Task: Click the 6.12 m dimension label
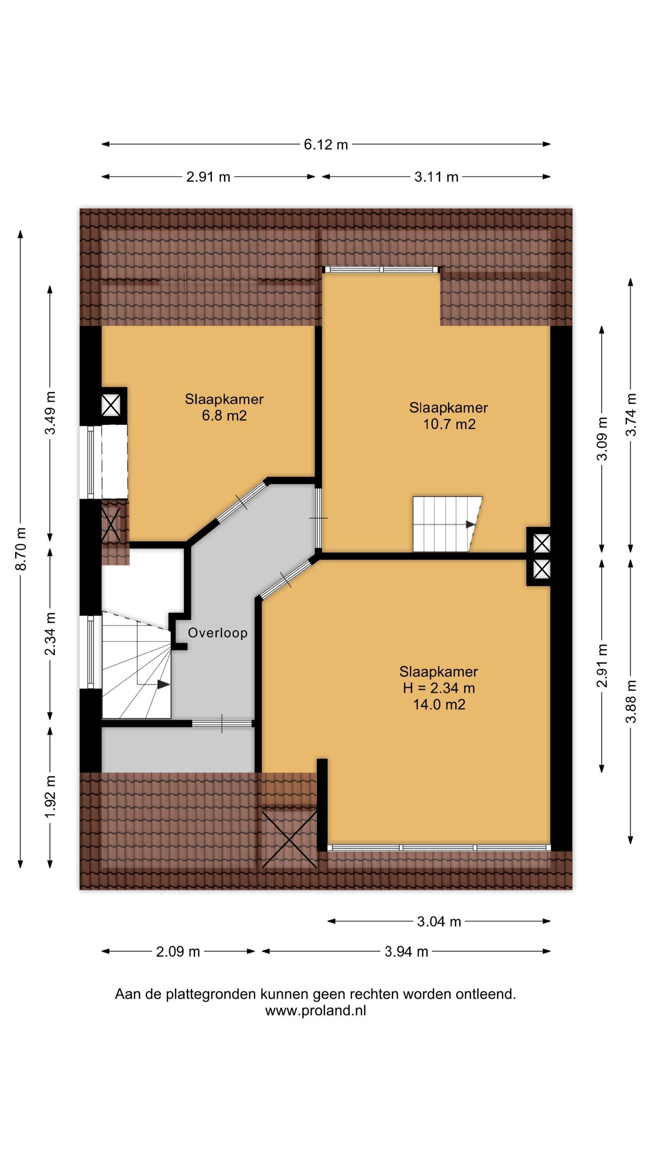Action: (x=326, y=145)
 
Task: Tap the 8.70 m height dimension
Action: (x=21, y=548)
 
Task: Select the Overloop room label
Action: (x=218, y=633)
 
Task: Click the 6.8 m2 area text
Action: (x=224, y=415)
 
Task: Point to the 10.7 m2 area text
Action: (x=449, y=424)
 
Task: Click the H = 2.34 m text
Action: (x=439, y=688)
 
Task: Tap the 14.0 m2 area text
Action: (x=439, y=704)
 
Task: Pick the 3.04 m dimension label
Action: (x=439, y=922)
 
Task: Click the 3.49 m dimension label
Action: (x=50, y=413)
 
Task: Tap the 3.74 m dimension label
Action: (x=631, y=414)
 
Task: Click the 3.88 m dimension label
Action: (x=631, y=701)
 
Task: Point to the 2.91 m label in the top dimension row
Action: (x=208, y=177)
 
